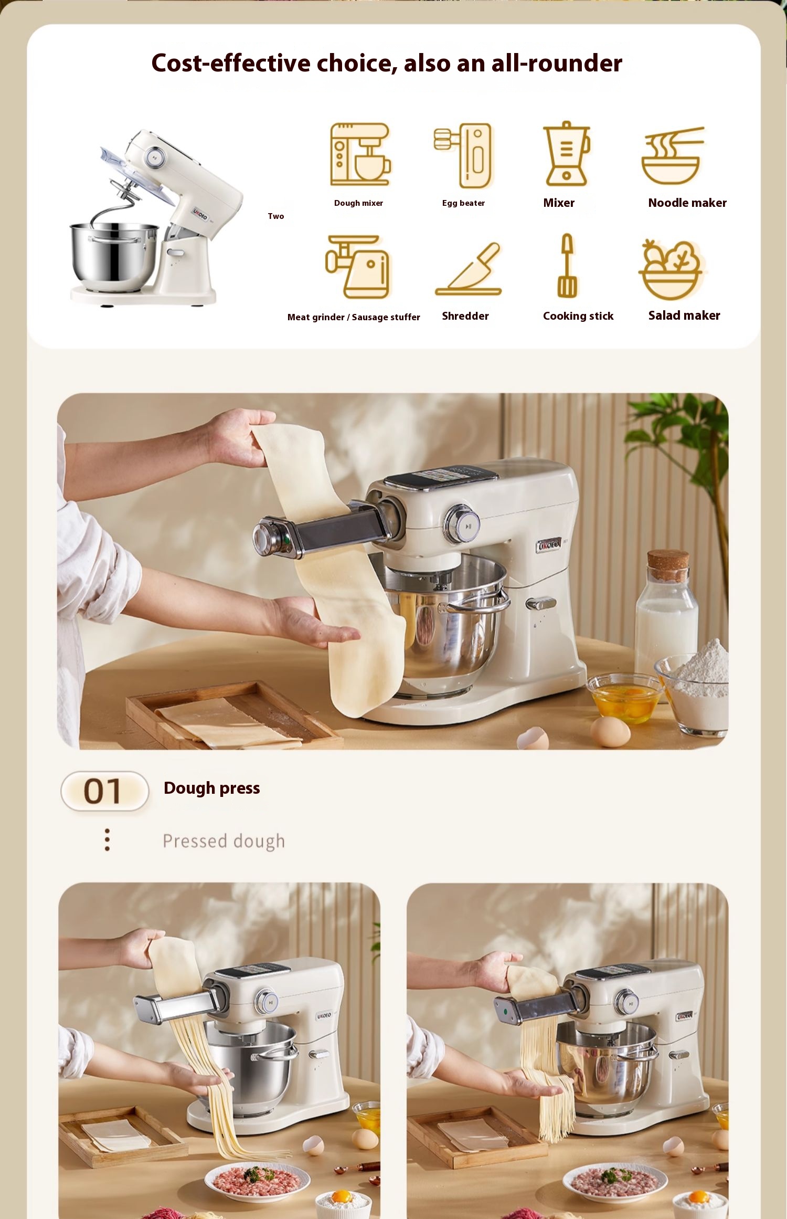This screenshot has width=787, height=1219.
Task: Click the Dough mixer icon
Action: tap(360, 154)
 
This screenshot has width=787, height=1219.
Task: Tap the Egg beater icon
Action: tap(463, 155)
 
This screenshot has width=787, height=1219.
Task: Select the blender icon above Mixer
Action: tap(566, 154)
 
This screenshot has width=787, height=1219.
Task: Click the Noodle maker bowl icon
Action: tap(673, 155)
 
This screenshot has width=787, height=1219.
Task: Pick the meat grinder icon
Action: tap(358, 267)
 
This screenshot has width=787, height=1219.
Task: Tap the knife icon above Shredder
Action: tap(469, 269)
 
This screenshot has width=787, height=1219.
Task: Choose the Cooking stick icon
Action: tap(567, 266)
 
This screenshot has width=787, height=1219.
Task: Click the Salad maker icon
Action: tap(672, 269)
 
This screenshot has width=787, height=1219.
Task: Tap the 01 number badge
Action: tap(104, 791)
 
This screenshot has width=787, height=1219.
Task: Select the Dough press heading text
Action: tap(212, 788)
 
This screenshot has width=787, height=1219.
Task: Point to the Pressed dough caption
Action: tap(224, 841)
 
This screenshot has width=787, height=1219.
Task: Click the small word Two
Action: tap(276, 216)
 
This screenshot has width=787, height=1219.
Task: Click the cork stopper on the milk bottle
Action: tap(668, 565)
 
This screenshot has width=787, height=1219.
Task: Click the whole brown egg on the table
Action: tap(610, 731)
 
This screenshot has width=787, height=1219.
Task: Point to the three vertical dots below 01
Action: tap(107, 839)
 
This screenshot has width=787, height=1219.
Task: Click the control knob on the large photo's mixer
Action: tap(462, 524)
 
